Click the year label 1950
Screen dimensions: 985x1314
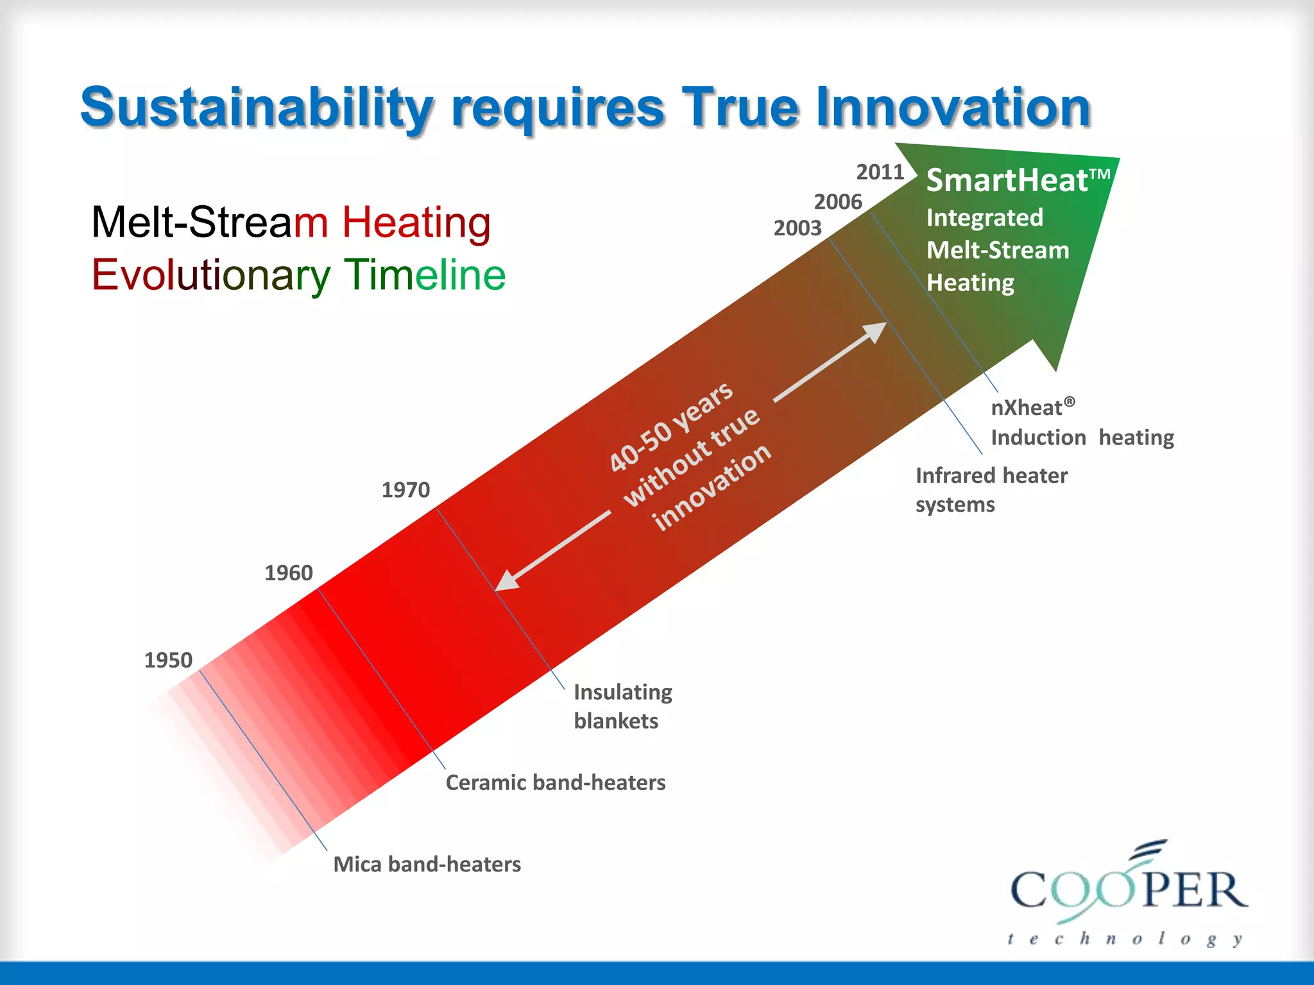[168, 660]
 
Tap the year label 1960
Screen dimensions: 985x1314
[289, 573]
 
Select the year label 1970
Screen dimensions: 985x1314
[405, 490]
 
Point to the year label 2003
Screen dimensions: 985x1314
[798, 228]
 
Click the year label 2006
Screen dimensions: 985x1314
[838, 202]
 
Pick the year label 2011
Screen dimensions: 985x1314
[880, 172]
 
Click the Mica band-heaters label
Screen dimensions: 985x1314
[427, 864]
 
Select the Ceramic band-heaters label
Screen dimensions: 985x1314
[556, 782]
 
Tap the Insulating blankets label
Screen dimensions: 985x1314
[622, 706]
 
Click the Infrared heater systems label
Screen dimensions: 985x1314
[991, 490]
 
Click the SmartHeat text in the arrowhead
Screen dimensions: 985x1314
[1007, 180]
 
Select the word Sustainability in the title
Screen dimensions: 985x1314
[257, 108]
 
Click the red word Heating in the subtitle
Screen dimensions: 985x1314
[416, 222]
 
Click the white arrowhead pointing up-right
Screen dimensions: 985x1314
[875, 332]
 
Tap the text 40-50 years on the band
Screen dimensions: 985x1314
[670, 426]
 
